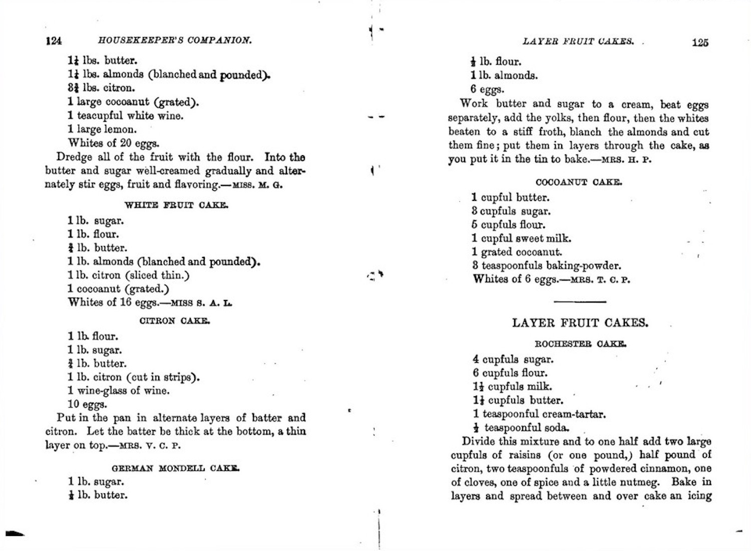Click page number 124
pos(54,41)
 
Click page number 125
pos(700,43)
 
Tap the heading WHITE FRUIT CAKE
pos(176,205)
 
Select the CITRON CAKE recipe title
pos(175,321)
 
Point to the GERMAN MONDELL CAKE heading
pos(175,468)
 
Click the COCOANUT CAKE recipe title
pos(579,182)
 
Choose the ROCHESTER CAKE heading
pos(580,344)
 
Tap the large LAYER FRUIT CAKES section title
pos(580,323)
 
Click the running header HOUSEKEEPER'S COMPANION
pos(175,41)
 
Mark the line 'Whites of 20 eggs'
pos(114,143)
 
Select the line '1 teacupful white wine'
pos(126,116)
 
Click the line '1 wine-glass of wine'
pos(119,391)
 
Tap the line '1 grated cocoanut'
pos(517,252)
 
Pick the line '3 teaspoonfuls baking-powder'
pos(546,265)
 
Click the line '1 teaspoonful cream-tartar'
pos(539,414)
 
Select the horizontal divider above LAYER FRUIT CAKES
pos(580,302)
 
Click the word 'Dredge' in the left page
pos(74,157)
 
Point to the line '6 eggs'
pos(487,90)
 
